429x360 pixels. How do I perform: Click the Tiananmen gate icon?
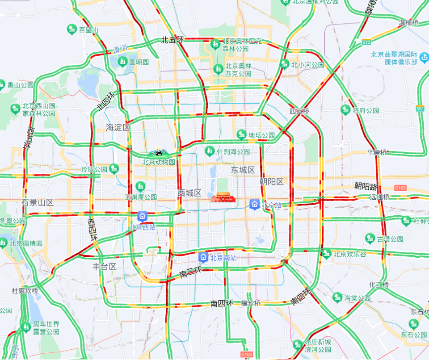222,198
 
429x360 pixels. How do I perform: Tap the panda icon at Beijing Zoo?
159,153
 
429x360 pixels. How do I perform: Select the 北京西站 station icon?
143,217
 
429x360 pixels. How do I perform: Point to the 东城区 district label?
243,170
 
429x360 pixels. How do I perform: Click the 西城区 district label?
190,193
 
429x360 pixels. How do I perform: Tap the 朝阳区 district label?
272,182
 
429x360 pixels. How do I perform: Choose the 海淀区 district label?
118,128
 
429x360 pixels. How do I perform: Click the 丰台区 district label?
104,267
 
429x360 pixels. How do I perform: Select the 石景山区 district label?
38,202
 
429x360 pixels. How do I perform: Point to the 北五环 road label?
172,40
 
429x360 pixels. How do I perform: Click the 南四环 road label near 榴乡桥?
222,304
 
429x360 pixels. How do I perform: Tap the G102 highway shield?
400,188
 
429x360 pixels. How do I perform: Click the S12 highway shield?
366,42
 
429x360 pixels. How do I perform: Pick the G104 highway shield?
246,354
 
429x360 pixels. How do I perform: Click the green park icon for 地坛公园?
242,134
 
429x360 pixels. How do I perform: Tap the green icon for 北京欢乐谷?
326,254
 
